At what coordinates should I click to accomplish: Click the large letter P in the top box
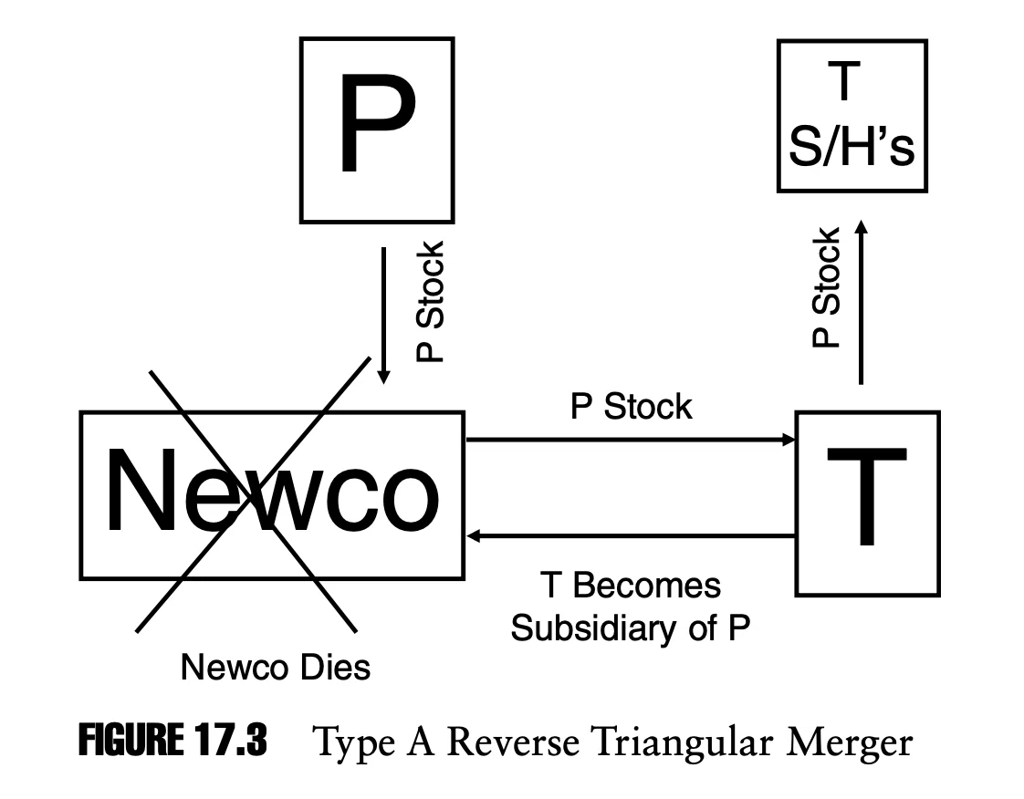tap(376, 123)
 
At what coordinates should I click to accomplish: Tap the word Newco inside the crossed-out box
tap(272, 490)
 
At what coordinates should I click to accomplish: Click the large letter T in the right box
tap(867, 496)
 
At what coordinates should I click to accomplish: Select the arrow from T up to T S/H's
tap(861, 302)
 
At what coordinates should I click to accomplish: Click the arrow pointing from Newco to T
tap(631, 440)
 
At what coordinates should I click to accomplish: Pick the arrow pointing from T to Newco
tap(631, 536)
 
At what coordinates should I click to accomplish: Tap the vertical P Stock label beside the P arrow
tap(431, 302)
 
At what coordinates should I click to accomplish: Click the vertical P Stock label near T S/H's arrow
tap(825, 287)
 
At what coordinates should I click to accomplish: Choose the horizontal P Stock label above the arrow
tap(631, 407)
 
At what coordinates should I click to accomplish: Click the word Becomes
tap(646, 585)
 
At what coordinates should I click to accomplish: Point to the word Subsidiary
tap(593, 628)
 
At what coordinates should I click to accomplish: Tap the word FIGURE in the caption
tap(131, 741)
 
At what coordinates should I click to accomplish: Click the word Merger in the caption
tap(849, 743)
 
